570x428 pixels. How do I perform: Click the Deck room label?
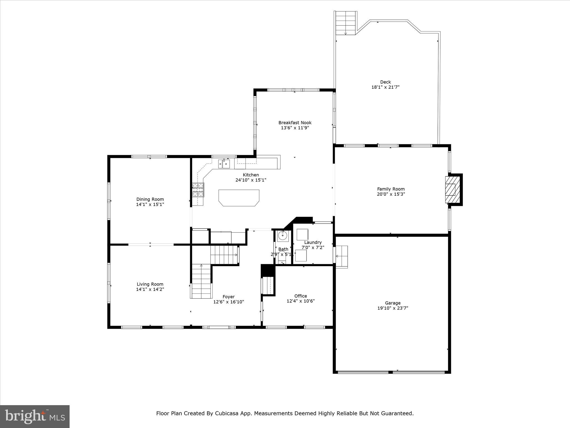[x=385, y=82]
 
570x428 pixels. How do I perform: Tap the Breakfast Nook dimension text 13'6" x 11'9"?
[x=295, y=128]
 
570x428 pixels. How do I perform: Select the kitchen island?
[x=239, y=198]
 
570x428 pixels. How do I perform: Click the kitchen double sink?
[x=224, y=164]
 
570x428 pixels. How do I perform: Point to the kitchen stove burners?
[x=198, y=190]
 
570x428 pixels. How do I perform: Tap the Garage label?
[x=393, y=303]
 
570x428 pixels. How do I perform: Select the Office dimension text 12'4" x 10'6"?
[x=301, y=301]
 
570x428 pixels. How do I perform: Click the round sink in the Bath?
[x=282, y=236]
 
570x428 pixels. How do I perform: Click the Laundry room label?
[x=313, y=242]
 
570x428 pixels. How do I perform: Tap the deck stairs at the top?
[x=346, y=23]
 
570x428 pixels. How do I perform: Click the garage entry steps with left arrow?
[x=341, y=256]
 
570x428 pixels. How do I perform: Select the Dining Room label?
[x=150, y=199]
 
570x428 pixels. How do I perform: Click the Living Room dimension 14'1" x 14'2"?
[x=150, y=289]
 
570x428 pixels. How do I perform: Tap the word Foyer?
[x=229, y=297]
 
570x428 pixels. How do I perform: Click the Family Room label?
[x=391, y=189]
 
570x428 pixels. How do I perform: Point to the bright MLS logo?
[x=35, y=417]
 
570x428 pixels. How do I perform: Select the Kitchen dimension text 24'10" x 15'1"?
[x=251, y=180]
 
